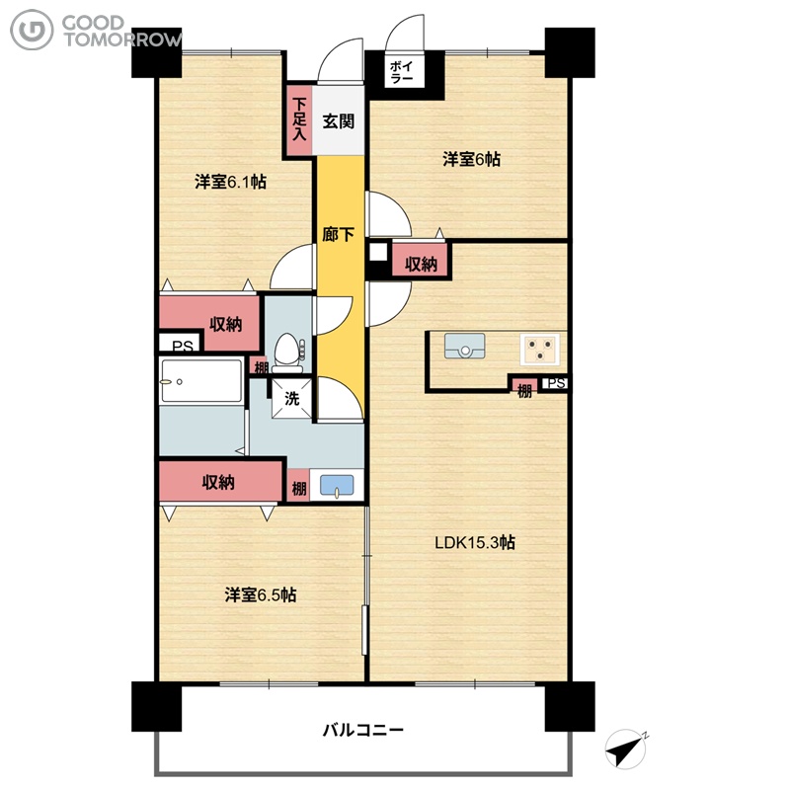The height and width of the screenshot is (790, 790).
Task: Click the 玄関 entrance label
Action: tap(338, 121)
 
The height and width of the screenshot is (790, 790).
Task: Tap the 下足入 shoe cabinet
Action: tap(299, 119)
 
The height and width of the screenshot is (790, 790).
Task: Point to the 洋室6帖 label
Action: tap(472, 159)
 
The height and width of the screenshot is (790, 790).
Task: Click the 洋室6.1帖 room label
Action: tap(231, 182)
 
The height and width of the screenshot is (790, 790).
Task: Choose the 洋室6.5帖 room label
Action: tap(261, 595)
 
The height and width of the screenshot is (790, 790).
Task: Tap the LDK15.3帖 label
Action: tap(475, 542)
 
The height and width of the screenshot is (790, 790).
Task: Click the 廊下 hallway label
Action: tap(338, 234)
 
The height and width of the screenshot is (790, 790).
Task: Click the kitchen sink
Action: tap(464, 347)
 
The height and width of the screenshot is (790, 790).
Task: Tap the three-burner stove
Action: tap(539, 349)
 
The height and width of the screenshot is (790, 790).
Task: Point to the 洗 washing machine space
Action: tap(291, 399)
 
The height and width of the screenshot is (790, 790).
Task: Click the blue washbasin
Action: tap(337, 486)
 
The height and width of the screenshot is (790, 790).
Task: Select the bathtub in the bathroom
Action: tap(201, 380)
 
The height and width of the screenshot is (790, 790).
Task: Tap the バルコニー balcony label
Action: tap(362, 730)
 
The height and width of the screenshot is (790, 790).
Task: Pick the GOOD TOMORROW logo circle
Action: tap(32, 31)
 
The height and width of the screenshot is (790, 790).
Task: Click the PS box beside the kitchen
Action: tap(555, 384)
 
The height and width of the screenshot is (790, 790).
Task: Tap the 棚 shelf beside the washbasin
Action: tap(299, 486)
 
